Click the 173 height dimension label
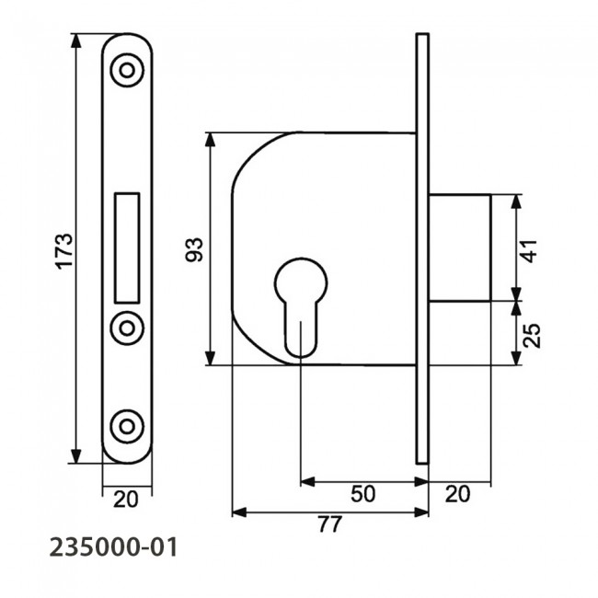point(63,250)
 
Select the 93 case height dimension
point(195,249)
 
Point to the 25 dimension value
point(531,334)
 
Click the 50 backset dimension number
point(363,494)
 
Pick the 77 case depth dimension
point(329,525)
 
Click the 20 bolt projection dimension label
point(457,494)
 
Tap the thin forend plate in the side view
point(422,248)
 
